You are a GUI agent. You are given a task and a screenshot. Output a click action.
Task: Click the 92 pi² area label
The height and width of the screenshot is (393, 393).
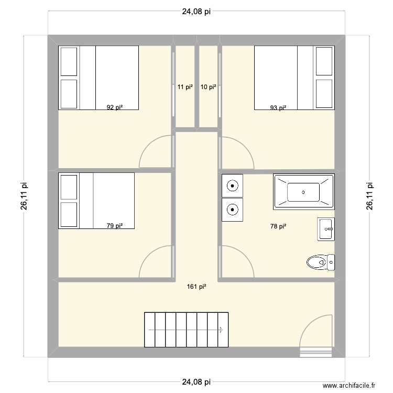tap(115, 108)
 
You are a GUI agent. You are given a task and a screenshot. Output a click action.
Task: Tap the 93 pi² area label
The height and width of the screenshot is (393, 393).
tap(278, 108)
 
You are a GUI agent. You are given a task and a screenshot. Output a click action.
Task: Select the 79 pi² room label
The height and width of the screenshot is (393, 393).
tap(115, 226)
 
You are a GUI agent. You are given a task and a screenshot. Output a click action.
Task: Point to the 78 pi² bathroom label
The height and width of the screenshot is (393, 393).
tap(278, 226)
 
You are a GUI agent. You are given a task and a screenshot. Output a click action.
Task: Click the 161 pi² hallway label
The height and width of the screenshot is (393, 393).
tap(196, 287)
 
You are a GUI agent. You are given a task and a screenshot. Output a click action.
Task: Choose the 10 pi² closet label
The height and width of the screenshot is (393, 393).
tap(209, 88)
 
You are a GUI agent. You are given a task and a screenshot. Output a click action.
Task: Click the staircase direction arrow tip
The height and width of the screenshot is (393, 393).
tap(222, 330)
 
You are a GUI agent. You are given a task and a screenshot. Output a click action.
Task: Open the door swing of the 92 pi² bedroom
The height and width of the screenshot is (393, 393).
tap(156, 152)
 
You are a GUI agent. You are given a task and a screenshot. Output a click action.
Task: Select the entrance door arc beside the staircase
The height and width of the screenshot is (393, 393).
tap(317, 331)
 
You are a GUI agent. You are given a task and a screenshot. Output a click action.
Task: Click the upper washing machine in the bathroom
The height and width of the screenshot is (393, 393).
tap(232, 185)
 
